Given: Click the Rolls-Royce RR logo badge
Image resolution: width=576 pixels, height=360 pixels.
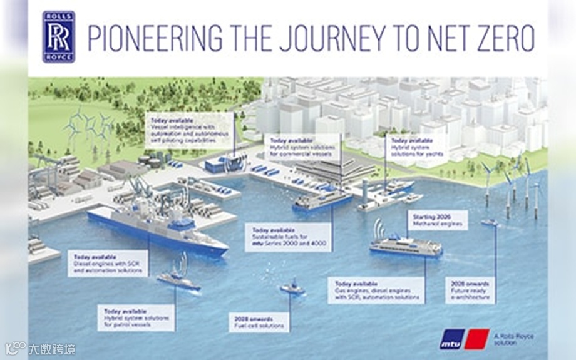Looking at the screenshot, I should (x=59, y=37).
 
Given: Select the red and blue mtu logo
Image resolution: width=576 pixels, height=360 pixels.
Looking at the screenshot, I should (x=464, y=339).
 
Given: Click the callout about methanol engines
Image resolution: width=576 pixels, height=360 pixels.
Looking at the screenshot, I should (x=438, y=220).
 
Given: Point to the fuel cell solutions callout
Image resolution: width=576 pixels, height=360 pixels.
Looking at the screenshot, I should (x=259, y=322).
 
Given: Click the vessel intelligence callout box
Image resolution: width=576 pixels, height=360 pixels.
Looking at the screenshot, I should (x=189, y=130).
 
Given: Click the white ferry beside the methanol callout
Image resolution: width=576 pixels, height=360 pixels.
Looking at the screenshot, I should (x=405, y=245).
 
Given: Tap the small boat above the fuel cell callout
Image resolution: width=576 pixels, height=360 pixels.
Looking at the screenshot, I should (x=292, y=288).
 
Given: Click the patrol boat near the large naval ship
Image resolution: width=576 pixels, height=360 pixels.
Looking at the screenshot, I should (x=178, y=280).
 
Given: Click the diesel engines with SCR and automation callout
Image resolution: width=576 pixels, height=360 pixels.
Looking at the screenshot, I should (x=109, y=264).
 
